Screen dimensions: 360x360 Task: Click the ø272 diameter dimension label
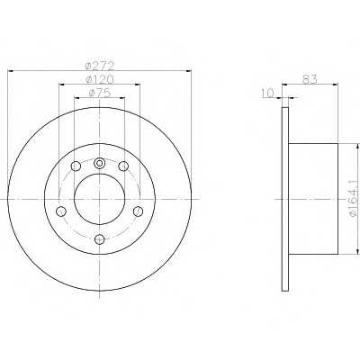coord(100,65)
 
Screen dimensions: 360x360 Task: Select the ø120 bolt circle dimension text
coord(100,79)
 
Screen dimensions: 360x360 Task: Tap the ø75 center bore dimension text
coord(100,93)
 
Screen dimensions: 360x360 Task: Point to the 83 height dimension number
coord(310,79)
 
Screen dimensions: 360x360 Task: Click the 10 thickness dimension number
coord(268,94)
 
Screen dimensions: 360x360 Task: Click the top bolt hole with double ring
coord(99,164)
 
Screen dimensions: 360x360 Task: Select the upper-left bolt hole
coord(76,166)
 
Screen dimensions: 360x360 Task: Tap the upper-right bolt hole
coord(123,166)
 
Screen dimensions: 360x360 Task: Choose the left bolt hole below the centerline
coord(61,211)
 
